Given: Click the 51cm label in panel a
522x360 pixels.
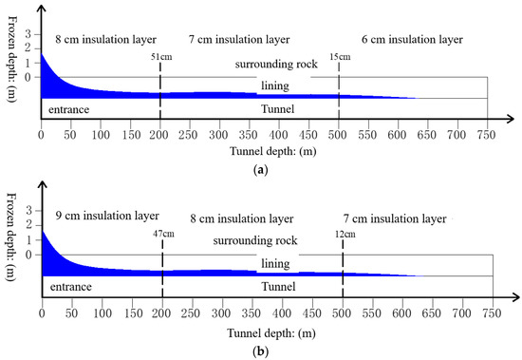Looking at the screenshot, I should click(x=162, y=57).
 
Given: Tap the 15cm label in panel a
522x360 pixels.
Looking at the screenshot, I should click(x=339, y=57).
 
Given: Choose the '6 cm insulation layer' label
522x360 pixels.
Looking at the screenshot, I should click(x=413, y=40).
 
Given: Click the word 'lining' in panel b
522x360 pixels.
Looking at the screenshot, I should click(x=275, y=263).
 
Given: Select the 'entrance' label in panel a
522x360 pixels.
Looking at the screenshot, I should click(x=70, y=109).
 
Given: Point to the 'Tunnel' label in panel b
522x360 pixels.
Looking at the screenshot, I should click(x=277, y=286).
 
